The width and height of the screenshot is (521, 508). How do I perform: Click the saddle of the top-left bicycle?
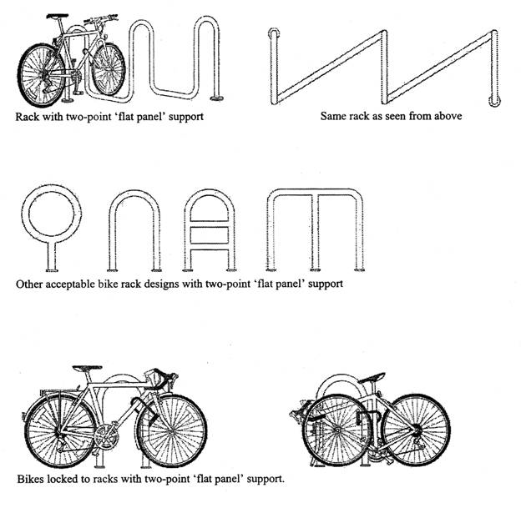pos(57,16)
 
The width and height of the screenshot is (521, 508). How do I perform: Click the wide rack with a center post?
pos(315,192)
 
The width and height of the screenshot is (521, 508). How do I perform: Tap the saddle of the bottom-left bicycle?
pos(87,368)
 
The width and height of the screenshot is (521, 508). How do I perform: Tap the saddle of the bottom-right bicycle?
pos(372,379)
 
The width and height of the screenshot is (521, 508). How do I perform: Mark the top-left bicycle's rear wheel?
pos(41,75)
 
